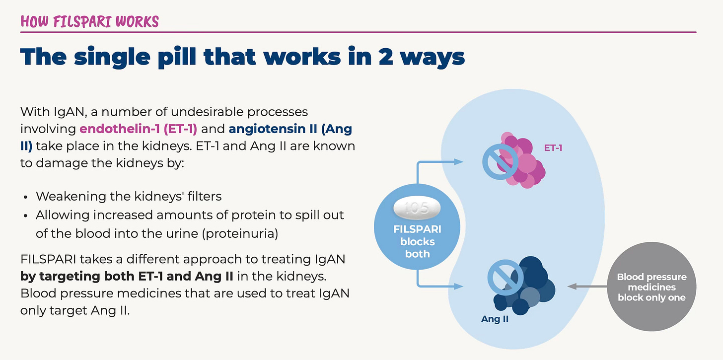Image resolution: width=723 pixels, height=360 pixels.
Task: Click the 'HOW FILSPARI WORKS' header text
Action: click(89, 22)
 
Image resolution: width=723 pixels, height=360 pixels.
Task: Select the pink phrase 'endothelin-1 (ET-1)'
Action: click(139, 129)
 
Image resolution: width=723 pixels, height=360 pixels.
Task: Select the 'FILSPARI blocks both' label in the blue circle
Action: click(417, 242)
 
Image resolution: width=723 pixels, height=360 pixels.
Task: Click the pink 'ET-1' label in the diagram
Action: click(553, 147)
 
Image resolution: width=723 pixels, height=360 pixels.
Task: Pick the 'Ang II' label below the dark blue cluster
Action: click(495, 319)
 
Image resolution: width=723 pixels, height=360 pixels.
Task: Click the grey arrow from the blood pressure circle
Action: click(586, 286)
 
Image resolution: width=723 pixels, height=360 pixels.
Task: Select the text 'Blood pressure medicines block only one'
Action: click(651, 287)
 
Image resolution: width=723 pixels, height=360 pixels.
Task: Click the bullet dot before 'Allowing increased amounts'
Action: click(25, 216)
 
